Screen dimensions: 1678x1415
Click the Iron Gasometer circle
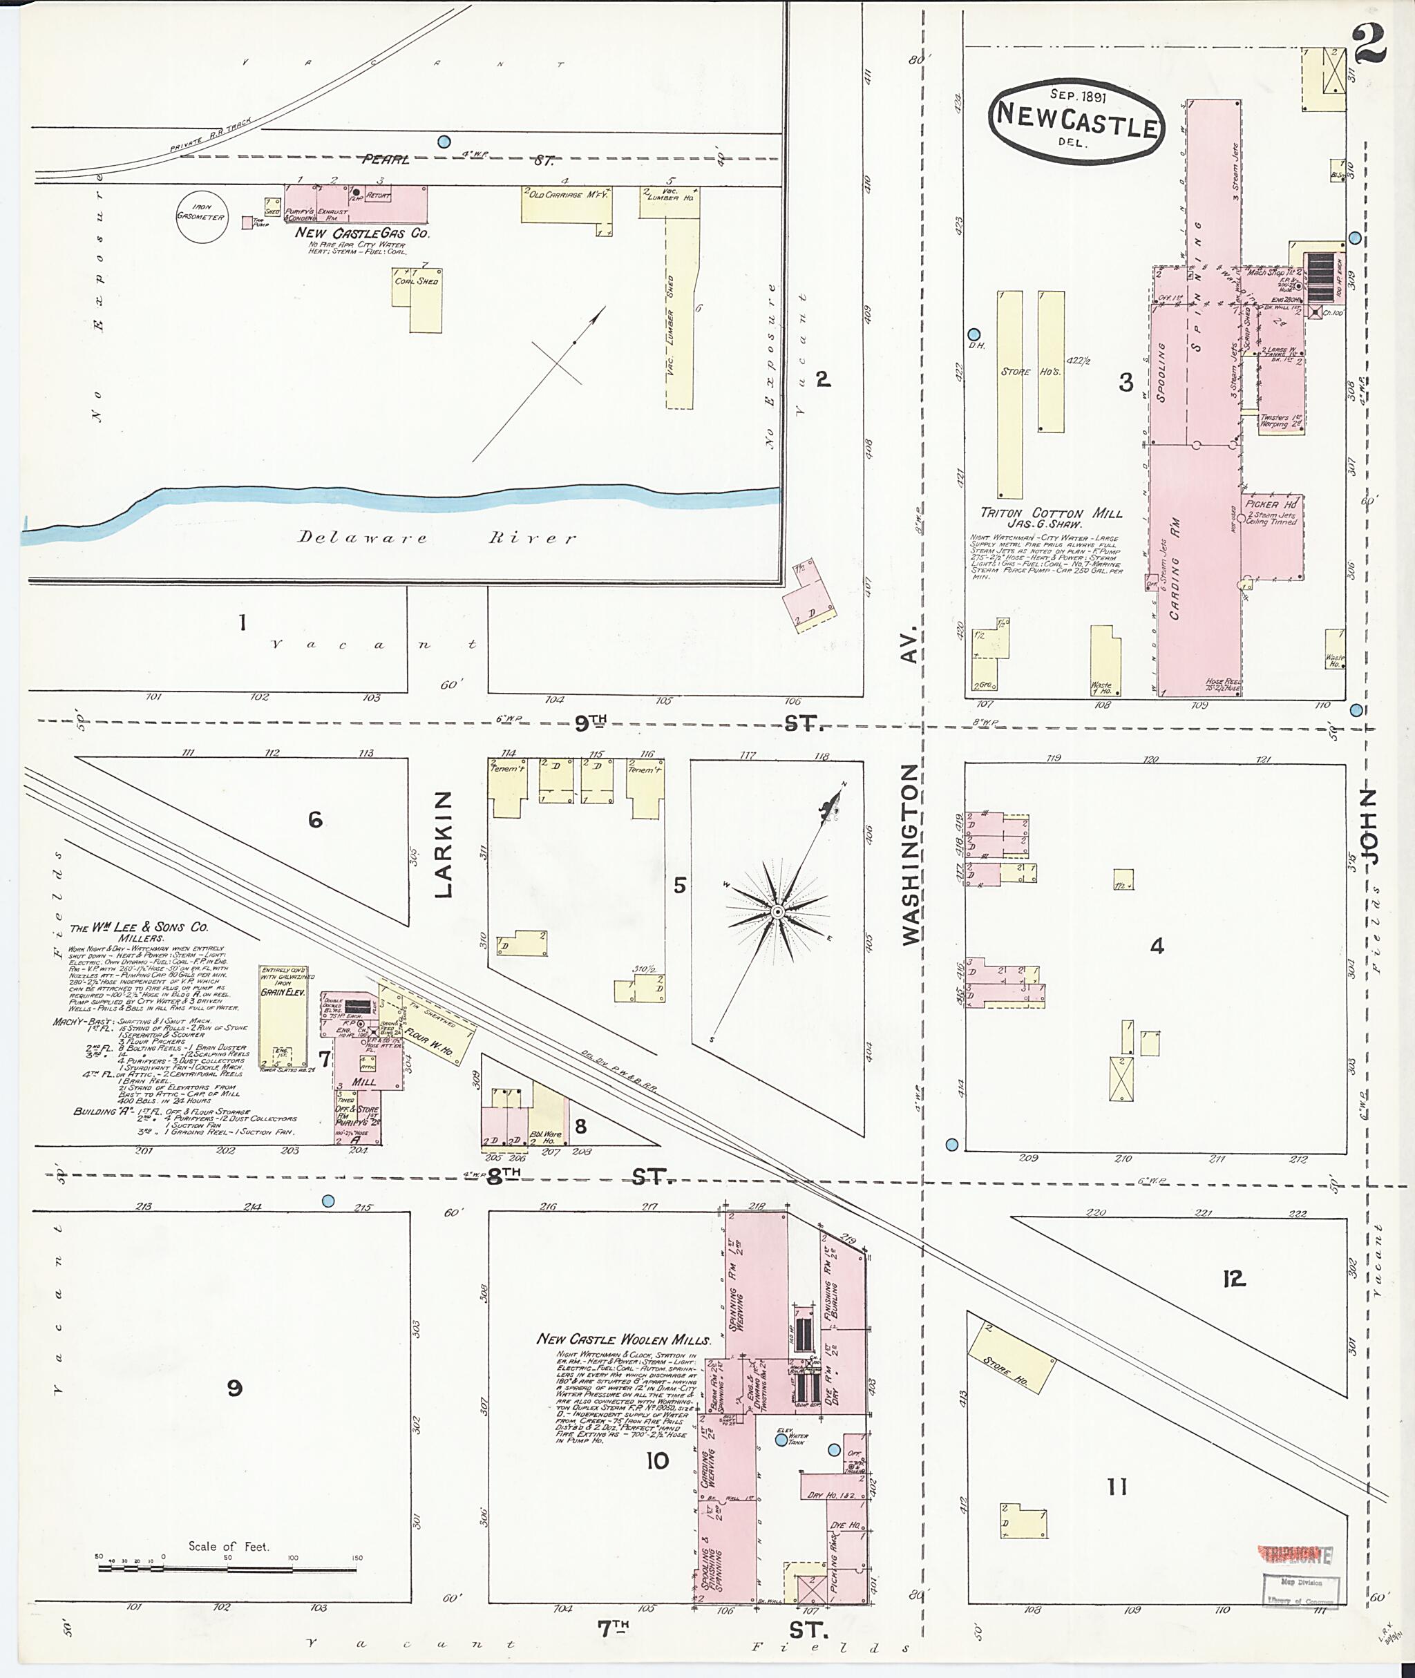[200, 216]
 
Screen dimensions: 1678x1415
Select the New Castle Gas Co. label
[362, 233]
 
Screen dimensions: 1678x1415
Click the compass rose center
[777, 912]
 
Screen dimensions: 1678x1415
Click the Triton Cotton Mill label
[1051, 513]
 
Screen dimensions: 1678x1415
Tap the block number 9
[234, 1388]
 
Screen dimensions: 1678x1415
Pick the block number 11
[1117, 1488]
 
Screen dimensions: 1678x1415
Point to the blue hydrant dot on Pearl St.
[444, 142]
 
